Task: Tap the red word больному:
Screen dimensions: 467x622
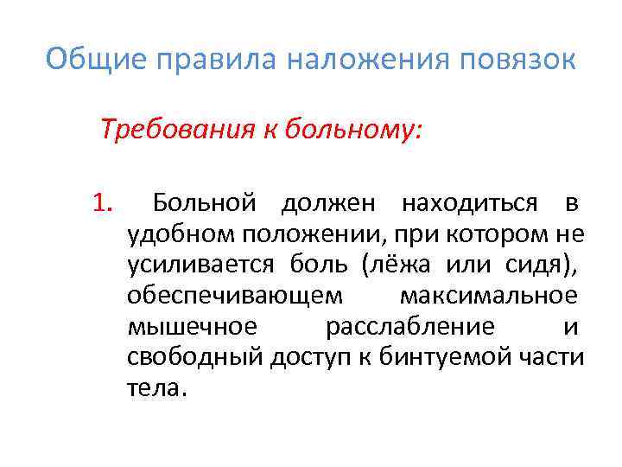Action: pos(359,131)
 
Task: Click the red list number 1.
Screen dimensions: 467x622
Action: pos(103,204)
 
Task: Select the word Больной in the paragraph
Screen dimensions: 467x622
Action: pos(204,204)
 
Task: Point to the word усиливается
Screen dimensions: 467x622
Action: pos(200,265)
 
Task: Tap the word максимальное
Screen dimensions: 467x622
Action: pos(488,296)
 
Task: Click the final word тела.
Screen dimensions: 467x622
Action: pos(155,387)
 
